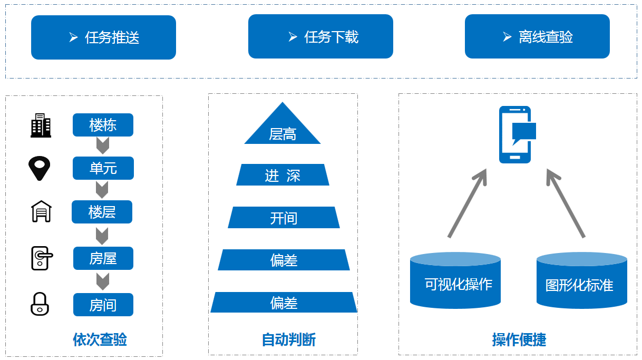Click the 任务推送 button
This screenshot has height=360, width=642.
[x=103, y=37]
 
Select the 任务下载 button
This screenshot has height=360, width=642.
[x=320, y=36]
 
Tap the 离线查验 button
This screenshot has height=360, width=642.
[x=537, y=36]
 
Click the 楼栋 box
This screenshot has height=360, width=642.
[x=103, y=125]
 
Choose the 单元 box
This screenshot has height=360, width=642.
[x=103, y=168]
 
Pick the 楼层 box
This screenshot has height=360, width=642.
[x=102, y=212]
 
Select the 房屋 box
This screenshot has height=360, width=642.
[x=103, y=258]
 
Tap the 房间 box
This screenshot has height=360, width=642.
[x=103, y=305]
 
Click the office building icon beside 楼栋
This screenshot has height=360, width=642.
[x=41, y=125]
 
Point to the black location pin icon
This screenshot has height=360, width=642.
[x=39, y=168]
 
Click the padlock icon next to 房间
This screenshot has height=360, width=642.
[x=40, y=304]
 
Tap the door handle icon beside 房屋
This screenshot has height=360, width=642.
[x=42, y=258]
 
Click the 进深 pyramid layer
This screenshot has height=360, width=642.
[x=283, y=175]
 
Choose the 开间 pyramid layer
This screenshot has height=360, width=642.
[x=284, y=218]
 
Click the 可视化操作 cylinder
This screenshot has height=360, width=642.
[x=455, y=280]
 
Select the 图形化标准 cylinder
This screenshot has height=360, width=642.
[x=582, y=280]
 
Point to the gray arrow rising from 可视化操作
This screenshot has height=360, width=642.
[x=468, y=203]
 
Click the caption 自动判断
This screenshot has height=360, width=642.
[x=289, y=339]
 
